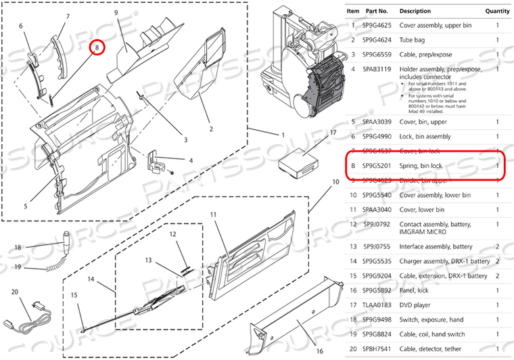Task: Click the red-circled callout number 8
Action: click(98, 47)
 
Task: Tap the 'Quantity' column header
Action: click(497, 11)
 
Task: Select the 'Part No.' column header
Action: click(375, 11)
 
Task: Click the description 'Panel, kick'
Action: click(417, 290)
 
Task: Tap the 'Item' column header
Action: click(353, 11)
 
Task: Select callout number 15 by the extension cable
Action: click(74, 295)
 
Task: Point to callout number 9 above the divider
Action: click(116, 13)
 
